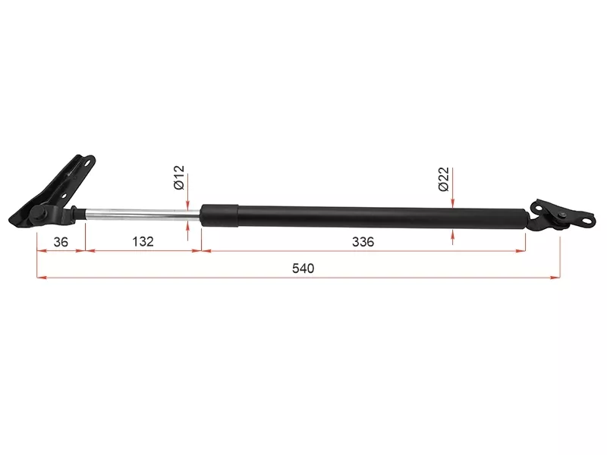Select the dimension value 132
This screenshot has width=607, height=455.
[x=142, y=242]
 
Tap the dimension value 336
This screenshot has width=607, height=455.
[x=363, y=242]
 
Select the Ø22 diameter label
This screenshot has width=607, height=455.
[x=444, y=180]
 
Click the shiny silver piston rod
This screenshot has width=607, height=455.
[x=137, y=215]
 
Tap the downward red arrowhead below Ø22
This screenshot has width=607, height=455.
[x=452, y=201]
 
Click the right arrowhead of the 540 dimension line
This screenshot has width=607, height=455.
[x=555, y=277]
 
